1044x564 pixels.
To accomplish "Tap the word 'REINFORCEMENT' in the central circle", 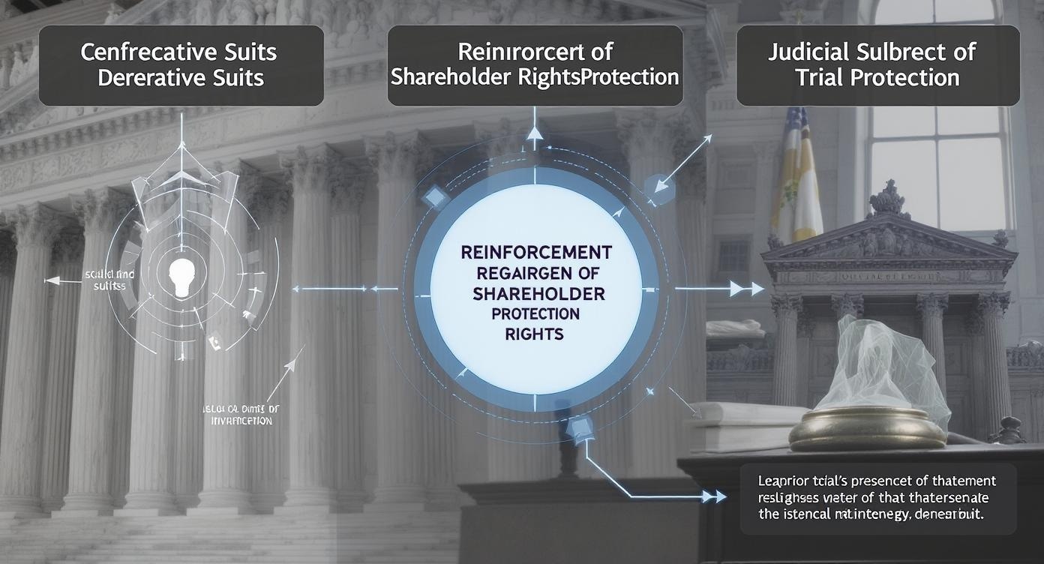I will tap(535, 250).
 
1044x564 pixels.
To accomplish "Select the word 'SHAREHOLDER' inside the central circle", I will tap(535, 292).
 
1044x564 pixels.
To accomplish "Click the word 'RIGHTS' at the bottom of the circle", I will tap(535, 334).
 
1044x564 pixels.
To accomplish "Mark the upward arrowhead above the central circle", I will tap(534, 134).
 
